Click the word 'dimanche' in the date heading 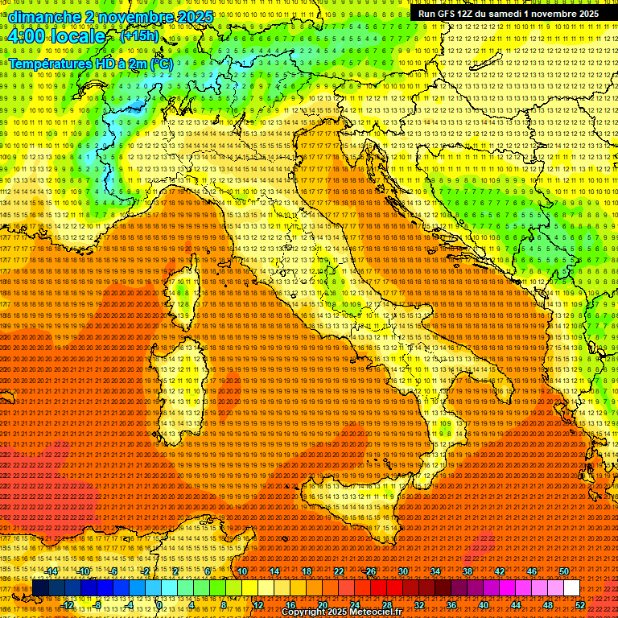pos(43,17)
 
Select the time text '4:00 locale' pos(56,36)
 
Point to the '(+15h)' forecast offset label pos(139,36)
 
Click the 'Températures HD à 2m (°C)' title pos(90,64)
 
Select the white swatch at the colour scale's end pos(571,588)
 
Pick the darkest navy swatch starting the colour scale pos(40,588)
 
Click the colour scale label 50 pos(563,571)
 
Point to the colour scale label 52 pos(580,605)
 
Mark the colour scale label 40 pos(484,605)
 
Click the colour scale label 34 pos(435,571)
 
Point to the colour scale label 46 pos(532,571)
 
